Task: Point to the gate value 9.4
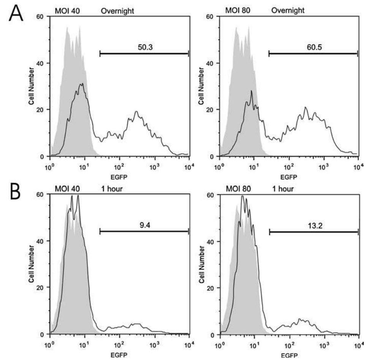[144, 224]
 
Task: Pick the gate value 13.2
[314, 224]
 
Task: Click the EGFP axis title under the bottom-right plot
[289, 356]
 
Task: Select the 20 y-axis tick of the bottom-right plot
[212, 288]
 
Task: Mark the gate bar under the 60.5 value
[313, 54]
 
